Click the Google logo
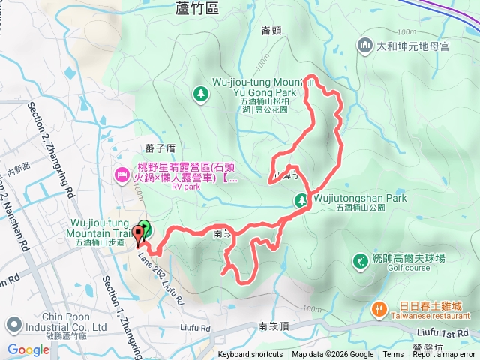pyautogui.click(x=28, y=349)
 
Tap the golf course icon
pyautogui.click(x=361, y=260)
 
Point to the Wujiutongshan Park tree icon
pyautogui.click(x=300, y=200)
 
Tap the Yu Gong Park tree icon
pyautogui.click(x=200, y=93)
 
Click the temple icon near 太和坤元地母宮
pyautogui.click(x=365, y=45)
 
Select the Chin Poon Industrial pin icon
pyautogui.click(x=13, y=325)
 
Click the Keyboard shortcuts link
pyautogui.click(x=250, y=355)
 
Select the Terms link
pyautogui.click(x=393, y=355)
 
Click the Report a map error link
pyautogui.click(x=445, y=355)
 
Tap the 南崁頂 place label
pyautogui.click(x=274, y=326)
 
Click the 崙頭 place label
pyautogui.click(x=271, y=31)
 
